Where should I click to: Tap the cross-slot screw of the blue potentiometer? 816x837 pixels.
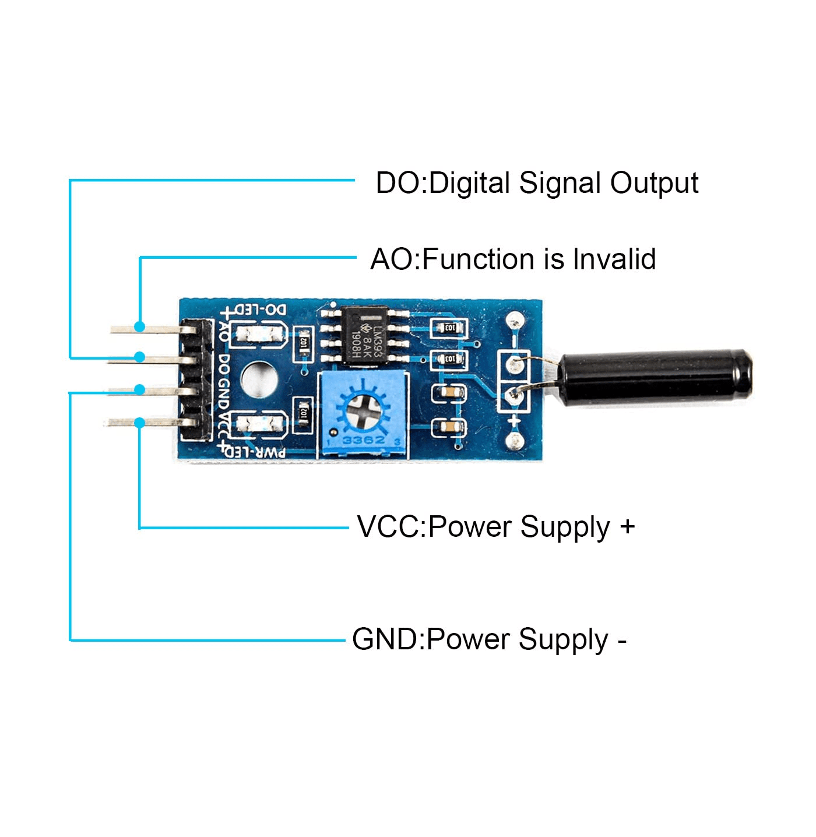(363, 410)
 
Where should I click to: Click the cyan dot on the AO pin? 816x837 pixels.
(139, 326)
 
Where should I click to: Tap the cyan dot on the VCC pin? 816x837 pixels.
(139, 423)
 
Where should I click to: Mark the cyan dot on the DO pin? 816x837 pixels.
(139, 357)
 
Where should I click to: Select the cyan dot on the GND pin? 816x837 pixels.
(139, 389)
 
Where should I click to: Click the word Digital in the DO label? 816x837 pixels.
(470, 184)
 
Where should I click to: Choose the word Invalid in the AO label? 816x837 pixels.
(614, 259)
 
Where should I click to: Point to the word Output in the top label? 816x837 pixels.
(654, 184)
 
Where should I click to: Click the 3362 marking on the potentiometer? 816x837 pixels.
(363, 440)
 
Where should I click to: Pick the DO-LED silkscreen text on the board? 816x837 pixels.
(256, 310)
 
